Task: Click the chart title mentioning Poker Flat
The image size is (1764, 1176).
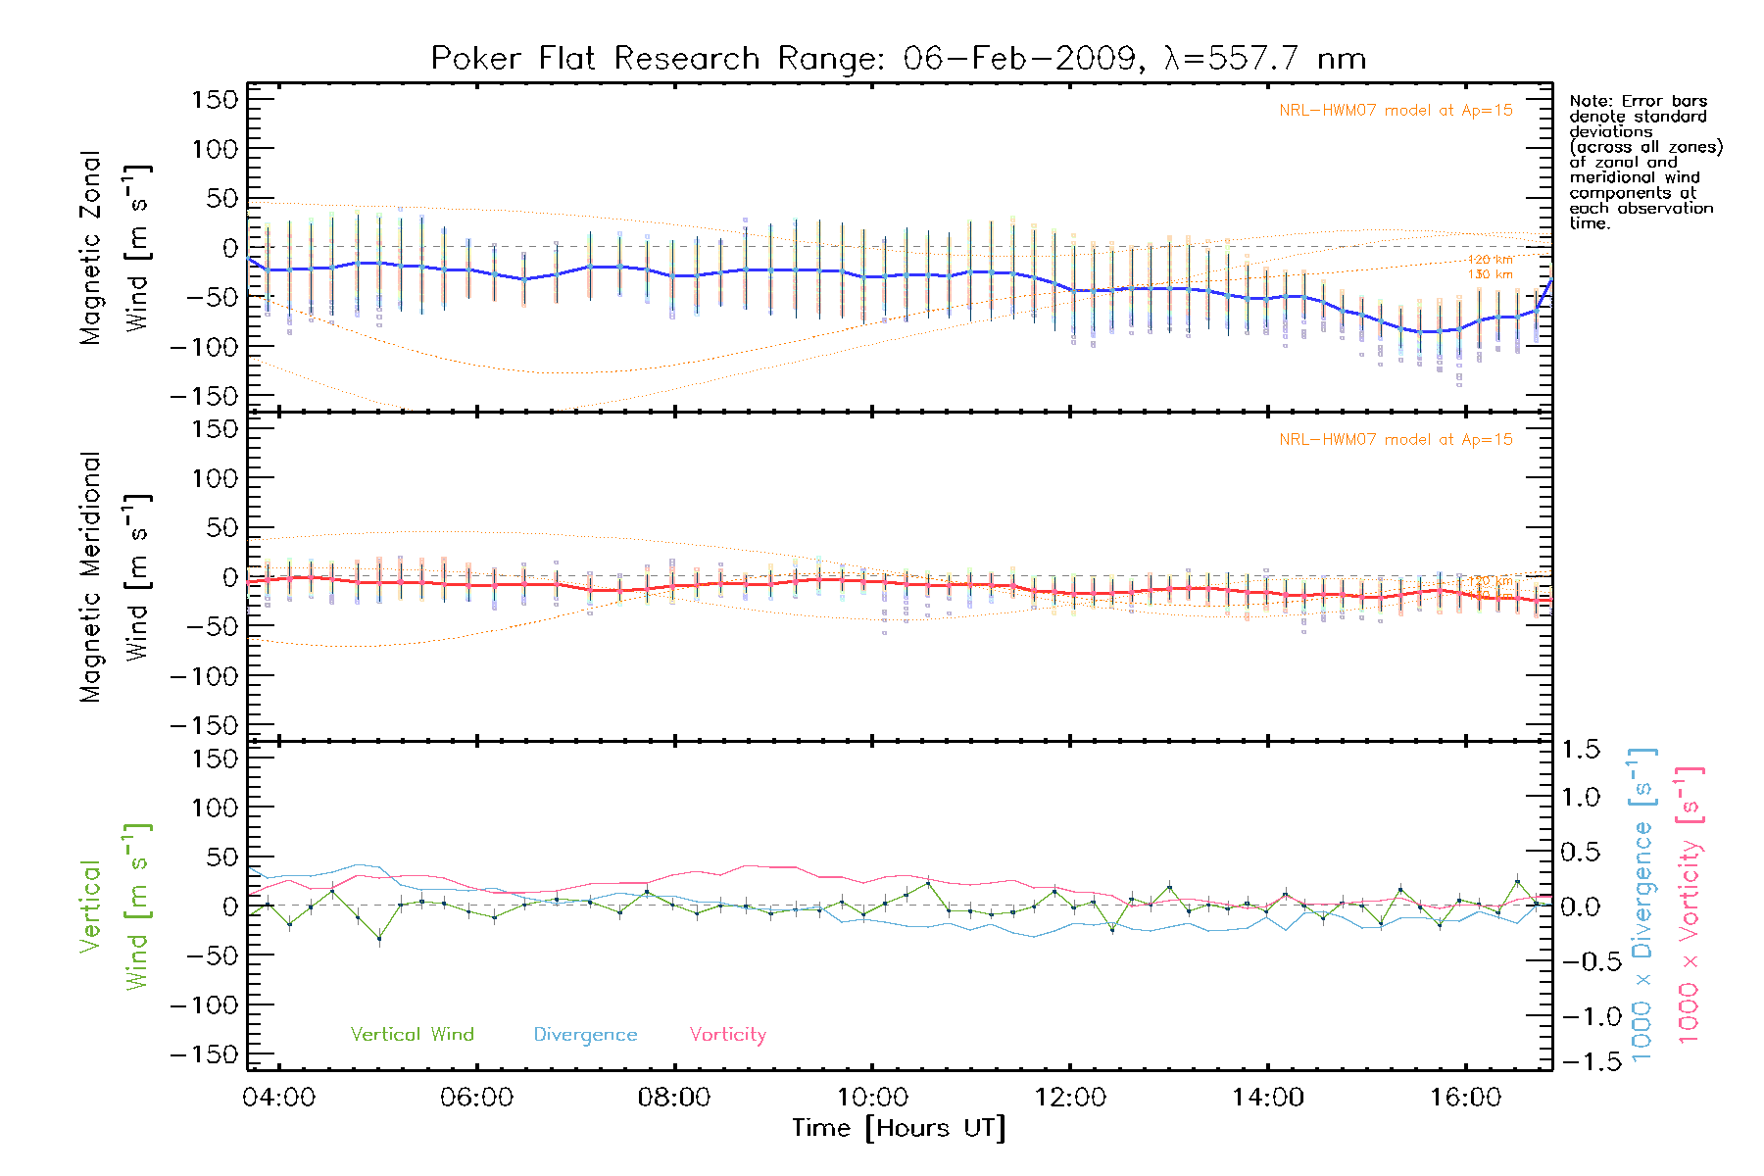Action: (x=898, y=59)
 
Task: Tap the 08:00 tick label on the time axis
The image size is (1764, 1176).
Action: (x=674, y=1098)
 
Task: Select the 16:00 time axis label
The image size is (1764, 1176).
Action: (x=1465, y=1098)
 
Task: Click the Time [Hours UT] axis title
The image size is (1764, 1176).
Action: (x=899, y=1129)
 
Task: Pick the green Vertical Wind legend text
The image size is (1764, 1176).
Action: (x=412, y=1035)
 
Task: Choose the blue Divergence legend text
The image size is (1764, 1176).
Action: (x=585, y=1035)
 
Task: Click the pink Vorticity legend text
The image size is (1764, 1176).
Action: (x=727, y=1035)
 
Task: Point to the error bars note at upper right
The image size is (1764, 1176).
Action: (x=1644, y=162)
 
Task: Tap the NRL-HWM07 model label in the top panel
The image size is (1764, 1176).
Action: (x=1396, y=111)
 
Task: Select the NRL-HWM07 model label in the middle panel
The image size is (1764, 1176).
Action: (x=1396, y=440)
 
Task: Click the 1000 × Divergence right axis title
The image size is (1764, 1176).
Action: (x=1642, y=905)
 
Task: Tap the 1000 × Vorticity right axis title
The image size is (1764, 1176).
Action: (x=1689, y=905)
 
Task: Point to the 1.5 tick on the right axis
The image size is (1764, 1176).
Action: (x=1581, y=750)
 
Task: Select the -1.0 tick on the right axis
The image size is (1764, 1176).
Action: (x=1581, y=1016)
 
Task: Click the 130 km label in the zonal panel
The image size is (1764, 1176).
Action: (x=1490, y=274)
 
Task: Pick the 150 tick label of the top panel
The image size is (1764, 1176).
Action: (x=216, y=100)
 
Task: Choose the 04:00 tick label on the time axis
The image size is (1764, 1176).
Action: (x=279, y=1098)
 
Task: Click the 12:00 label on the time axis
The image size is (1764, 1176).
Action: (x=1070, y=1098)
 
